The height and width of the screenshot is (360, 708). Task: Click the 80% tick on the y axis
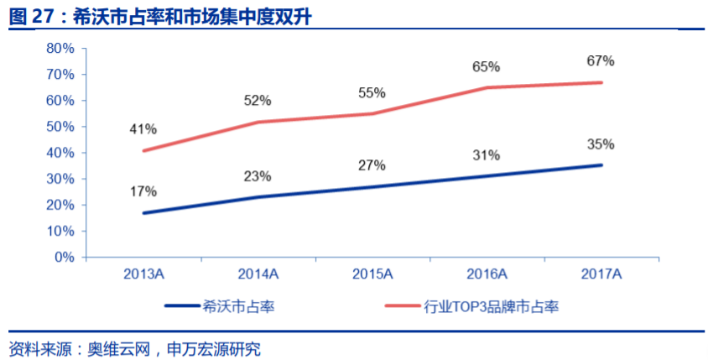(60, 49)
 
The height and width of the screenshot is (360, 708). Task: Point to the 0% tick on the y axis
(64, 258)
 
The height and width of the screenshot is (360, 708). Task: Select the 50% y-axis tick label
(60, 127)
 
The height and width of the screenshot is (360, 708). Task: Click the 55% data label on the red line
(372, 93)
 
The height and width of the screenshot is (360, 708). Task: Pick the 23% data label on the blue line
(258, 176)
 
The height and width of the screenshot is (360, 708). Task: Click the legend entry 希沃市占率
(239, 307)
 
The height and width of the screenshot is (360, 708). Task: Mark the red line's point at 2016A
(487, 87)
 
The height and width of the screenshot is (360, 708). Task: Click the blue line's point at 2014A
(258, 197)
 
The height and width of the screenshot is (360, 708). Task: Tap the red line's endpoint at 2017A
(601, 82)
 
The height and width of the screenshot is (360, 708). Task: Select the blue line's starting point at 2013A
(143, 213)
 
